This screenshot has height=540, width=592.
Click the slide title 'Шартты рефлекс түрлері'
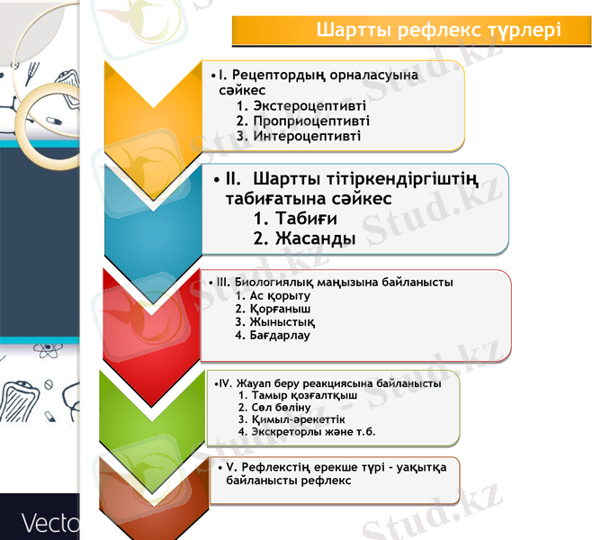439,31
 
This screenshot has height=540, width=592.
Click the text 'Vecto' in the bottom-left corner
49,523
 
